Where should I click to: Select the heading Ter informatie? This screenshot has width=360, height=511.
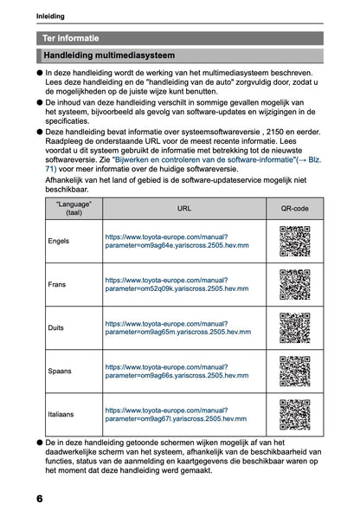coord(71,38)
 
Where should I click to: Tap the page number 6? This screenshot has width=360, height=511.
coord(40,499)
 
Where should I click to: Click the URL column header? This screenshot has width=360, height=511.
coord(184,209)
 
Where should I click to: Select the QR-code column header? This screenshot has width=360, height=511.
coord(294,209)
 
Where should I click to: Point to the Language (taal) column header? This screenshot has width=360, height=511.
coord(74,209)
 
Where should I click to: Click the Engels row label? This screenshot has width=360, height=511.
coord(59,240)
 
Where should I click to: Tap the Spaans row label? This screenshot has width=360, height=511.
coord(60,372)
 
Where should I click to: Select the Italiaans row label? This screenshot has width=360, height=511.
coord(61,416)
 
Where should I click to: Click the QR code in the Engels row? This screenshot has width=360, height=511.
coord(294,240)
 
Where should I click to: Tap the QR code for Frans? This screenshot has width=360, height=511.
coord(294,285)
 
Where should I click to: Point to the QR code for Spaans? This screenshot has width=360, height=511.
coord(294,372)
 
